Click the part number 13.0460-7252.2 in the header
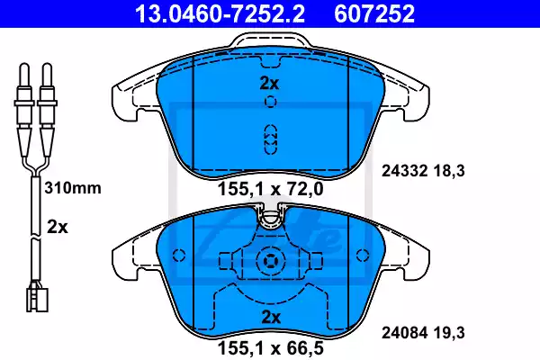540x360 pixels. tap(220, 13)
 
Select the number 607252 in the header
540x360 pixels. tap(374, 13)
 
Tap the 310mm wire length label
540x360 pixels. tap(73, 188)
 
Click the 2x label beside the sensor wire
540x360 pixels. tap(58, 228)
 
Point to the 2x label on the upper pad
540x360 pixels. tap(269, 84)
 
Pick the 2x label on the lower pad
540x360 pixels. tap(271, 318)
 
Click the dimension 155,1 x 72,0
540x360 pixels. tap(271, 189)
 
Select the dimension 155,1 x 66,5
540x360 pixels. tap(271, 348)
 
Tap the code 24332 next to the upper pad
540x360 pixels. tap(404, 171)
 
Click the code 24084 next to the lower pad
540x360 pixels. tap(404, 333)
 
